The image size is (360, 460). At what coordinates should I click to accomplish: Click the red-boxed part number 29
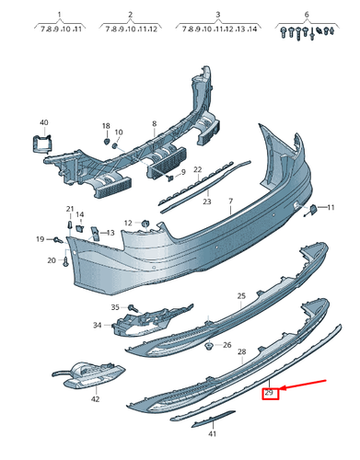point(270,394)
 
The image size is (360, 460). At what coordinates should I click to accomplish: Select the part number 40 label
point(43,122)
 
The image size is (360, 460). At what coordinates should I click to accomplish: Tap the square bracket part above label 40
point(42,144)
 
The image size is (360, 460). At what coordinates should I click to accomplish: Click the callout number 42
point(95,400)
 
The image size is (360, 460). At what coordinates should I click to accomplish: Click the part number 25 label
point(241,296)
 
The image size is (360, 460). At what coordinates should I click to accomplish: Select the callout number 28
point(242,352)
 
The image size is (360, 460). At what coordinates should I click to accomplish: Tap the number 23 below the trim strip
point(207,201)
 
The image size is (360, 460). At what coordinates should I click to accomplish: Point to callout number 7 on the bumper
point(231,201)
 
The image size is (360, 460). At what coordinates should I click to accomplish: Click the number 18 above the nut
point(106,125)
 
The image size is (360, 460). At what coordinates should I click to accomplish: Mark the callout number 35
point(115,307)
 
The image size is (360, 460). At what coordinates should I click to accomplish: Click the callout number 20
point(52,260)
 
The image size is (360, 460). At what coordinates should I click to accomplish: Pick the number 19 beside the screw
point(40,239)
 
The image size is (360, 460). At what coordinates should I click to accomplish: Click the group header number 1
point(59,16)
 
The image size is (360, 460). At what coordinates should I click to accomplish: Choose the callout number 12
point(129,222)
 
